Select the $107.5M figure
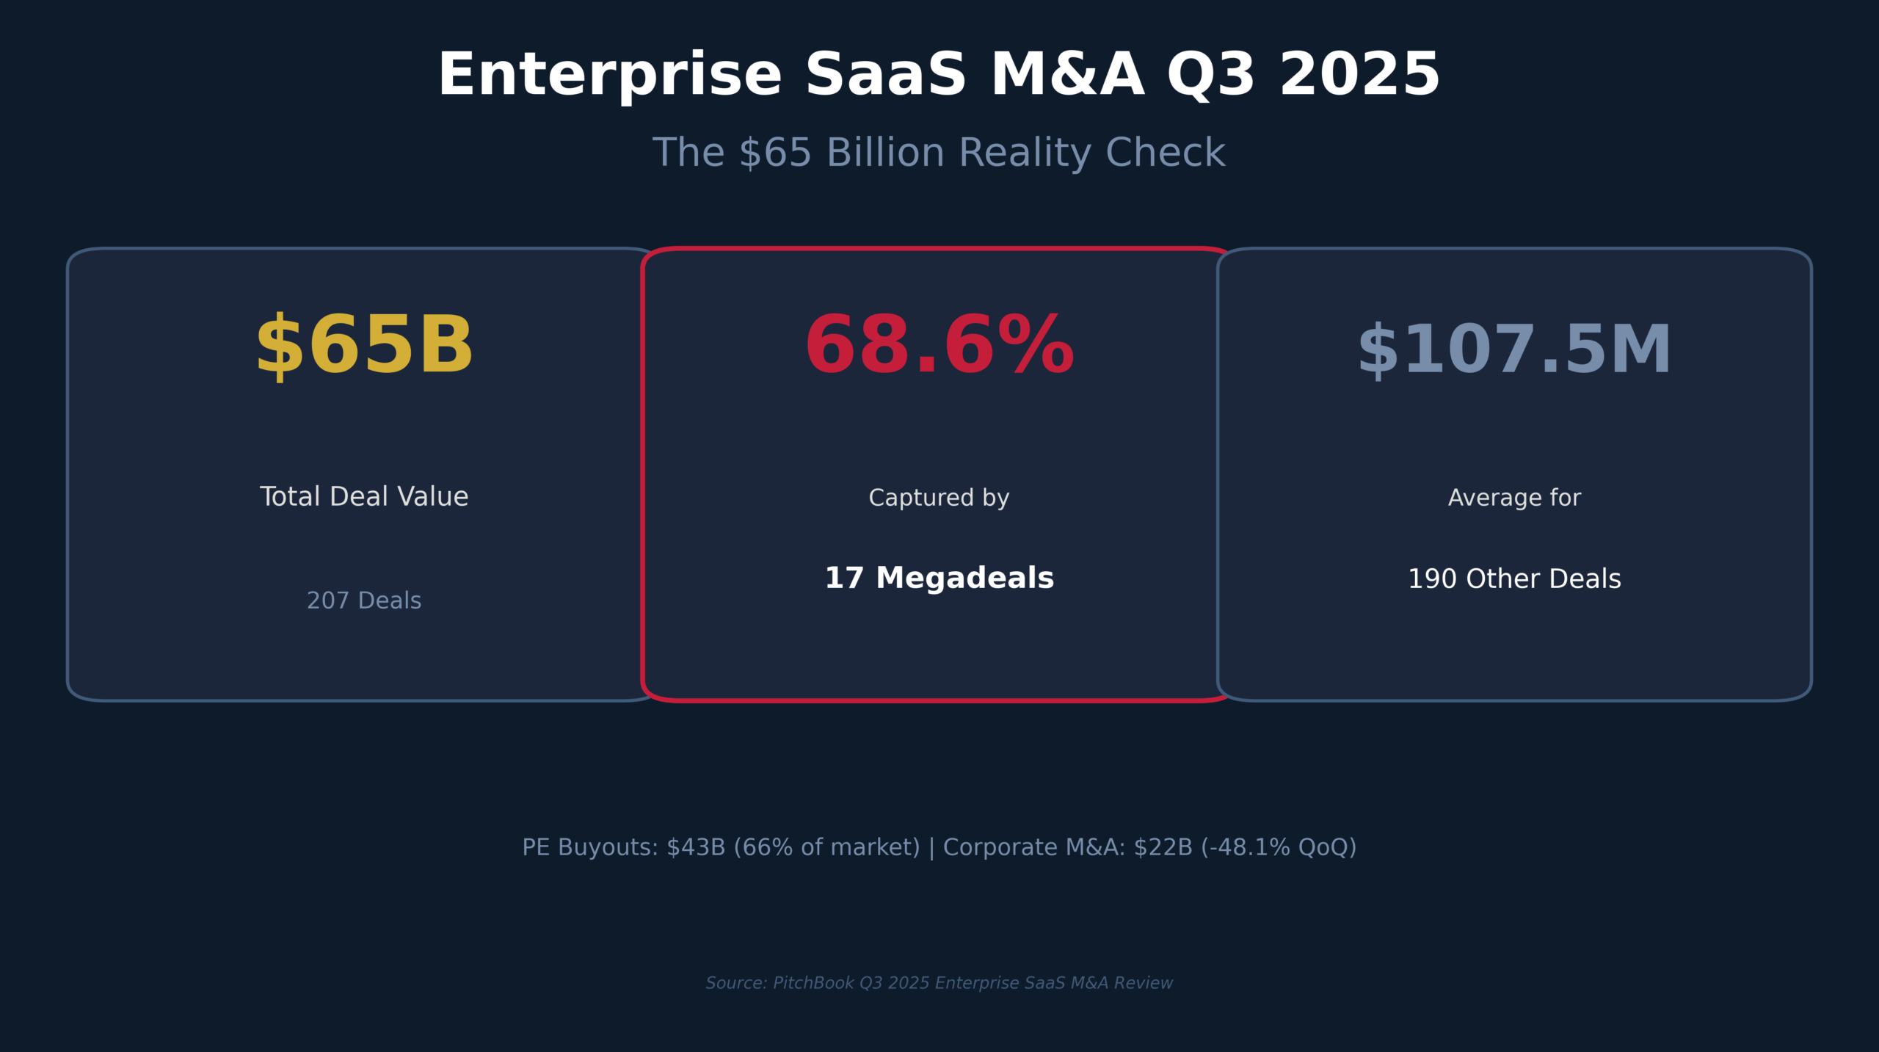1514,351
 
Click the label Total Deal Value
364,497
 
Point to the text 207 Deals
364,601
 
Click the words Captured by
939,498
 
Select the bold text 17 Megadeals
939,578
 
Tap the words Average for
1514,498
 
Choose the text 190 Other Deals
1514,579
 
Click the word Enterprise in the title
610,76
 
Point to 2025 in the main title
1359,76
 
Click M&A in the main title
1067,76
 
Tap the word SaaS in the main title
885,76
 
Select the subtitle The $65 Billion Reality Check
939,153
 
